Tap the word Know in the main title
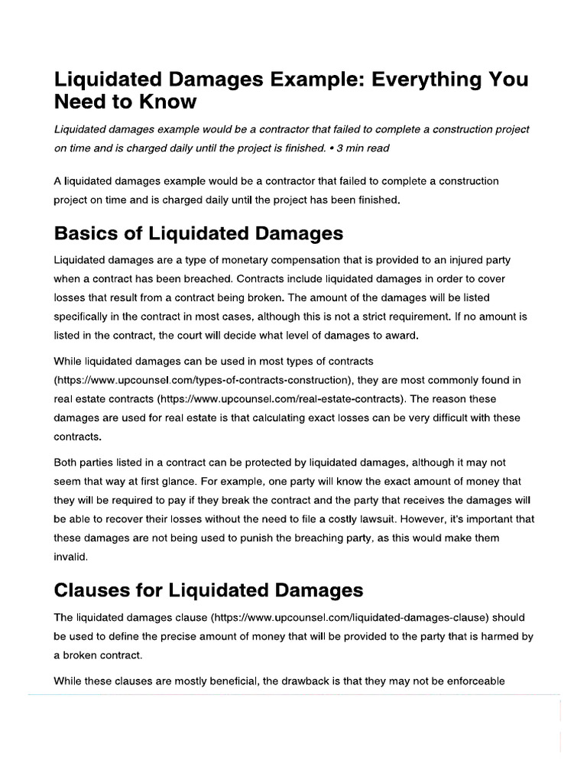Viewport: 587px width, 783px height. [x=169, y=102]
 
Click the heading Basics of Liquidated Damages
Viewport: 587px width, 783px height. [x=199, y=232]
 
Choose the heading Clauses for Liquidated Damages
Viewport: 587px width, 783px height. [x=209, y=590]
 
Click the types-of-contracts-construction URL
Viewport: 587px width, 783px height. [x=202, y=380]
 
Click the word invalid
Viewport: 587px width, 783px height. [x=71, y=557]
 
